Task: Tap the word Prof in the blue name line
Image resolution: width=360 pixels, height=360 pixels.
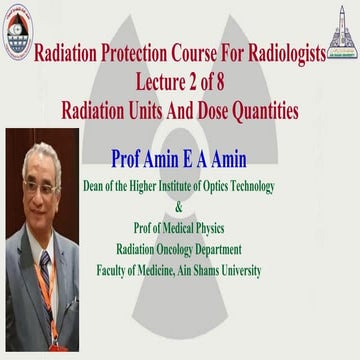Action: [x=136, y=159]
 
